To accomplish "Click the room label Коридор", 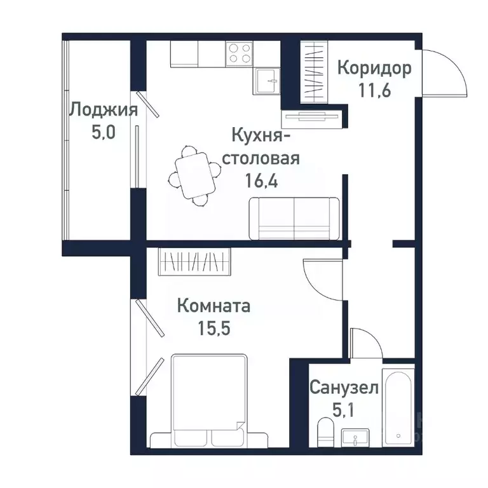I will coord(374,67).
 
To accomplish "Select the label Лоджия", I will coord(102,110).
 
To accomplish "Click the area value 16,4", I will coord(265,180).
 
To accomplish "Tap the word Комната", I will coord(213,306).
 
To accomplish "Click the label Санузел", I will coord(344,387).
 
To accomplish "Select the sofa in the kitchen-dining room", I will coord(294,218).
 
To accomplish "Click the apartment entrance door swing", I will coord(445,73).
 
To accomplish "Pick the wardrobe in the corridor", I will coord(313,71).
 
